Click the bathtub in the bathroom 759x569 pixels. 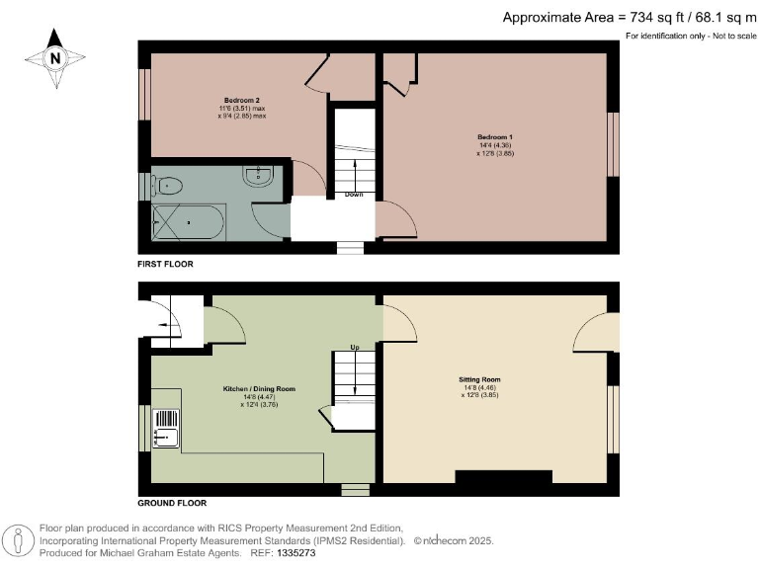click(188, 222)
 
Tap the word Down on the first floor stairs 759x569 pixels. click(354, 195)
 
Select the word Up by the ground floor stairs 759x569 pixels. click(354, 348)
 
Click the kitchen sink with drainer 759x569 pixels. click(165, 428)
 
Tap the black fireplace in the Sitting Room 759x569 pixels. click(503, 477)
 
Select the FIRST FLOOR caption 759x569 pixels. click(166, 265)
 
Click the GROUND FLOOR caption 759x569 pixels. click(172, 503)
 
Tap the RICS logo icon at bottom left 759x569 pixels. click(18, 541)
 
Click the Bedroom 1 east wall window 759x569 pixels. click(613, 145)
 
